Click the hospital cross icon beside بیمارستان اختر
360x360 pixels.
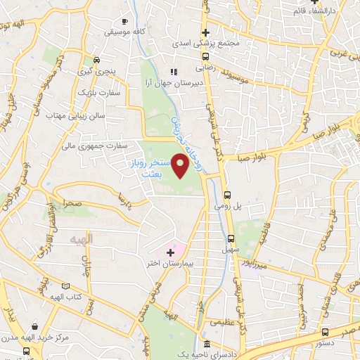(x=170, y=251)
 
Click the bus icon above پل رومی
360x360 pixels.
(x=227, y=195)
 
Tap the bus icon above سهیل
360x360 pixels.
(x=231, y=238)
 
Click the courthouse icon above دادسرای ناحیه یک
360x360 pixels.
(x=206, y=345)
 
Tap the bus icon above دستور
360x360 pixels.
(x=323, y=332)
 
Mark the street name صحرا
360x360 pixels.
(x=72, y=201)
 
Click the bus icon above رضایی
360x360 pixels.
(x=205, y=57)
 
